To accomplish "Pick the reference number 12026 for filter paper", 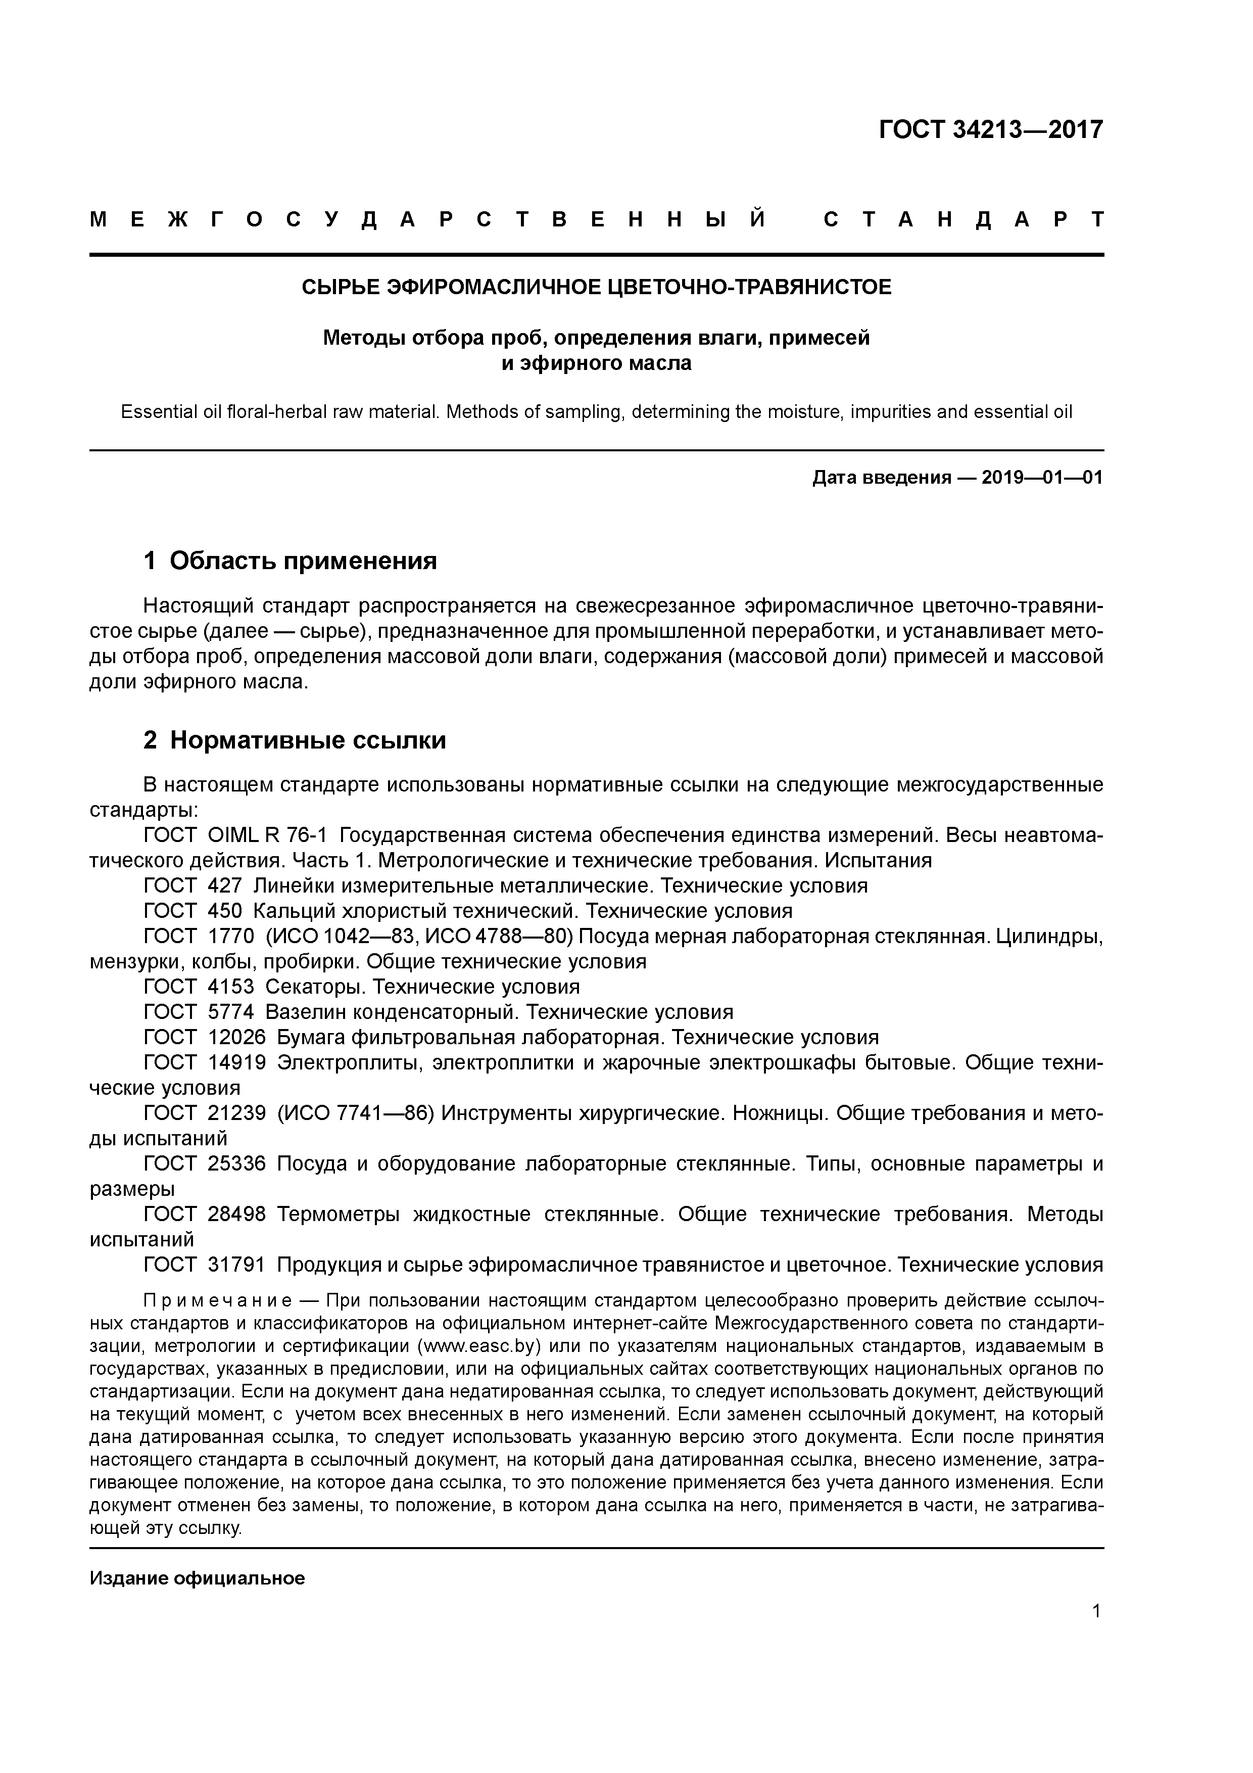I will click(236, 1037).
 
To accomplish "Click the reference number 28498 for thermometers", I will click(236, 1215).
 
